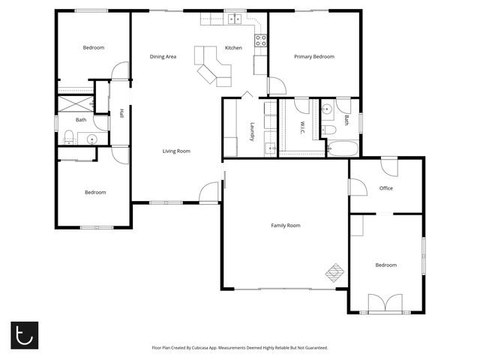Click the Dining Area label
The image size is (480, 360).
(x=163, y=57)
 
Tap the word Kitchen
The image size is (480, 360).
(x=233, y=48)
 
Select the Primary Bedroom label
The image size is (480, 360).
(x=313, y=57)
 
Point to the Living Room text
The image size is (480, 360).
(x=176, y=151)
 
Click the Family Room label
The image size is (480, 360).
(x=285, y=225)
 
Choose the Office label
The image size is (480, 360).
(x=386, y=188)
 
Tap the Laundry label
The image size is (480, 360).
(x=253, y=132)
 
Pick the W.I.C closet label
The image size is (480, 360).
(x=301, y=128)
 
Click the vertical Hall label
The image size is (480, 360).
(x=121, y=114)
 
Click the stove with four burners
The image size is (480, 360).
(x=261, y=40)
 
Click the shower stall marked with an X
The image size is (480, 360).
(x=75, y=103)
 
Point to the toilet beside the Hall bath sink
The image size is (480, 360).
(x=69, y=136)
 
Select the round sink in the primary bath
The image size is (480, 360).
(x=327, y=110)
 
